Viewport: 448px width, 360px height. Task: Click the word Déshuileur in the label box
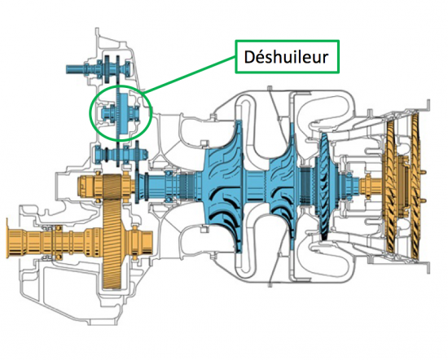click(286, 57)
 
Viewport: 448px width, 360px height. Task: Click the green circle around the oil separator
click(90, 112)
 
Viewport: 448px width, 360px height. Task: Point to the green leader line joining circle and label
click(190, 75)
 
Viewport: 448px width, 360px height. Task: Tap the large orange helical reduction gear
click(112, 231)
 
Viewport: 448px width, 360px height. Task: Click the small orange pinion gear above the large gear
click(106, 188)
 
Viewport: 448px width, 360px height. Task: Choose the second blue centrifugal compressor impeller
click(283, 187)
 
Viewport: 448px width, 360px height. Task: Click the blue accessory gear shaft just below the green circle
click(121, 155)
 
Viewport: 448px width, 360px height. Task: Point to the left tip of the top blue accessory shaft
click(67, 69)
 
